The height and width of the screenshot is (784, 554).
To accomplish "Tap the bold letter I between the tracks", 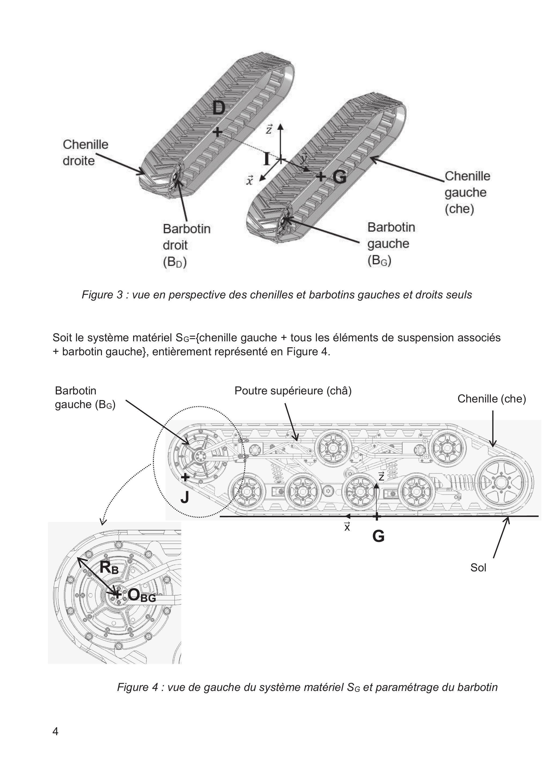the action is [x=267, y=159].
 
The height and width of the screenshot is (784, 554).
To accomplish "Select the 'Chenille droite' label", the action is [x=85, y=152].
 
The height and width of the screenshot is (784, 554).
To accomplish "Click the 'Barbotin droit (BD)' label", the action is [x=186, y=245].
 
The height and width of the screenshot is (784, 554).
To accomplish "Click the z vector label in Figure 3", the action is [x=269, y=129].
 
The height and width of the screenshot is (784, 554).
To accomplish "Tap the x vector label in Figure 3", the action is [x=250, y=180].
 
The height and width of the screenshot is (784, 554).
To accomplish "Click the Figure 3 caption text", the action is [x=277, y=294].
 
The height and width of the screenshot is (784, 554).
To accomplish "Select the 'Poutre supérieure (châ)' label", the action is [x=293, y=391].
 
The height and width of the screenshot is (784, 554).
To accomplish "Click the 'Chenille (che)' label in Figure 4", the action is [x=492, y=398].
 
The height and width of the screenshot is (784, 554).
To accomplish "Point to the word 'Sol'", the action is [x=478, y=568].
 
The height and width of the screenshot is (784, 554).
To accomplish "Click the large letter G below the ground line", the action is [x=378, y=536].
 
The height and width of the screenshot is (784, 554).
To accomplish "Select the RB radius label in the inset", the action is [x=109, y=568].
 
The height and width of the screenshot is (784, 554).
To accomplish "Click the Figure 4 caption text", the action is [x=307, y=687].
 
